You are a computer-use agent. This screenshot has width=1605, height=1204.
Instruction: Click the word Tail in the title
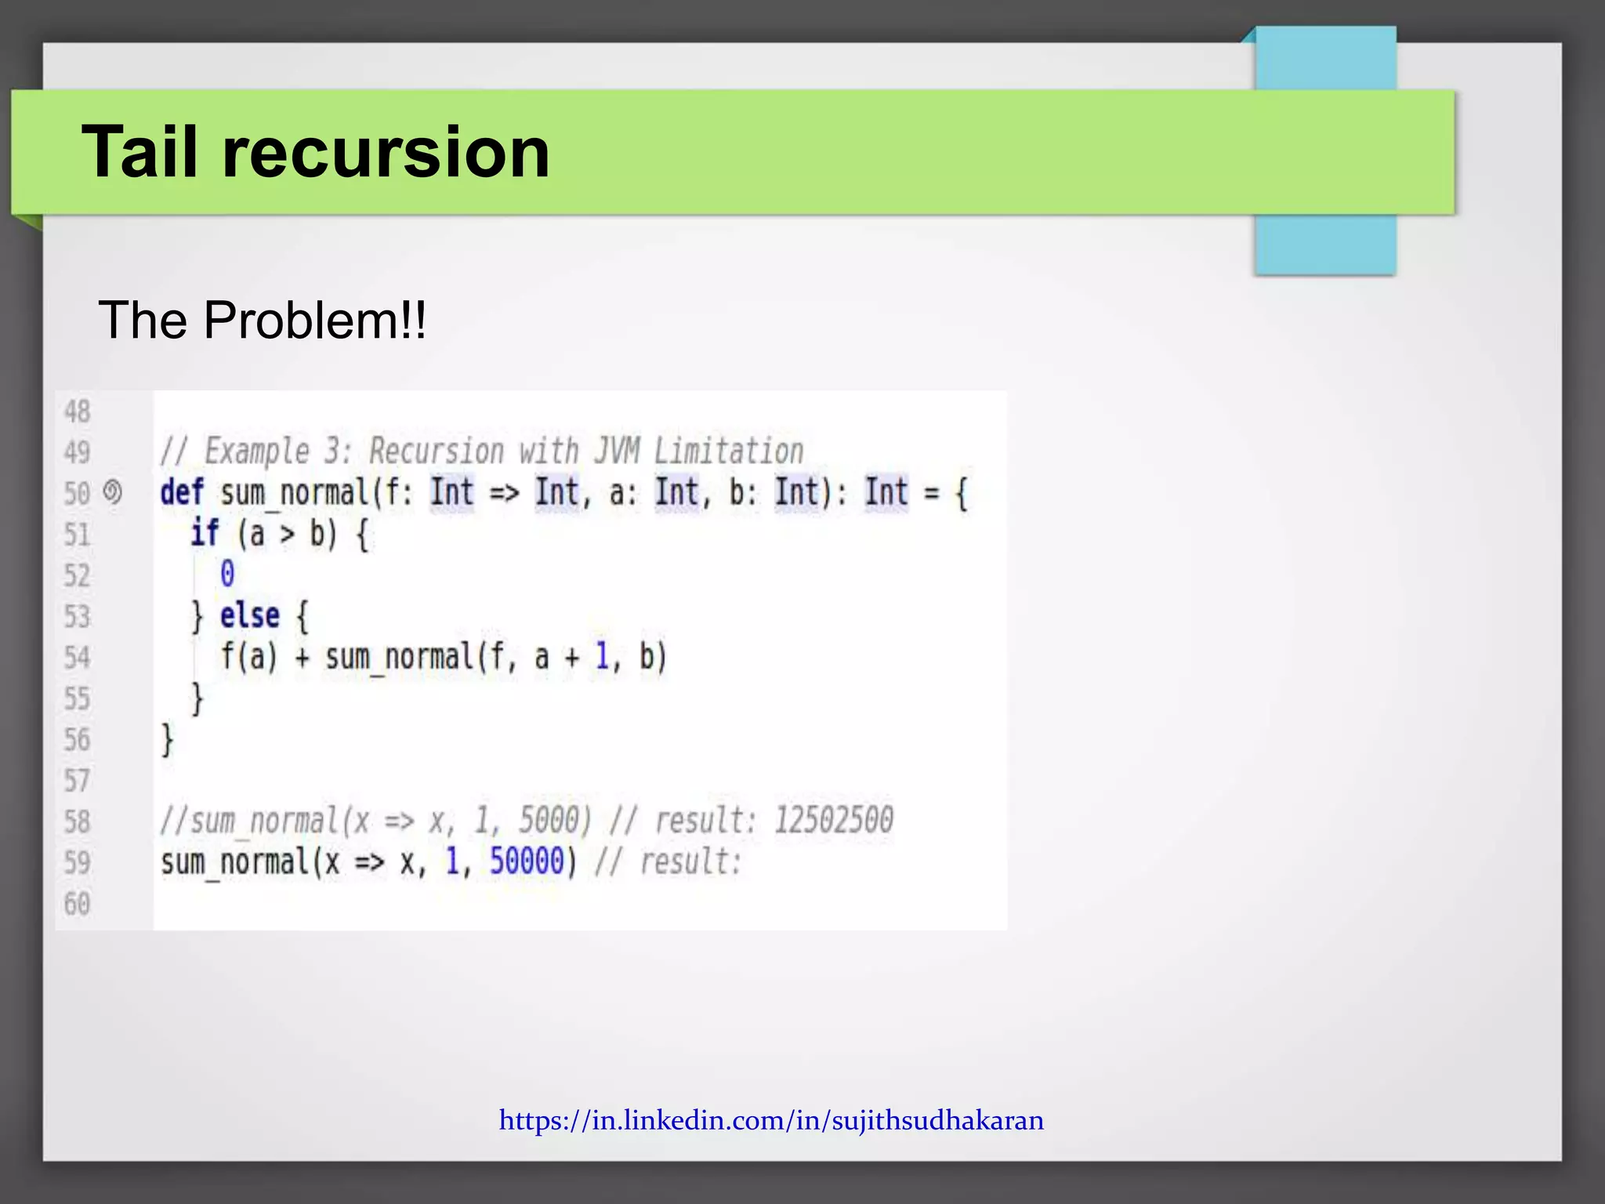pos(139,152)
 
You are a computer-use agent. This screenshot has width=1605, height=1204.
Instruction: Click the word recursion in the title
pos(386,152)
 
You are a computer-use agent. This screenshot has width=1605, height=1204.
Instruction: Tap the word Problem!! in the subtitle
pos(315,321)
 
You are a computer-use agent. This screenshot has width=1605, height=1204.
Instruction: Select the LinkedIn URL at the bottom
pos(771,1120)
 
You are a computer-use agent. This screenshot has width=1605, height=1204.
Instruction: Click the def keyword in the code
pos(182,493)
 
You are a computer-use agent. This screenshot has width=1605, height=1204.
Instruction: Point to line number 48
pos(77,412)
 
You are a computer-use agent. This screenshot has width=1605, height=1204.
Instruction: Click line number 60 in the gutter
pos(77,904)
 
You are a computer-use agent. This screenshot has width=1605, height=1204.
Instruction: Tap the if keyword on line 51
pos(205,534)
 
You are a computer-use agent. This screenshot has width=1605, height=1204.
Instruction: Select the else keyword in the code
pos(249,616)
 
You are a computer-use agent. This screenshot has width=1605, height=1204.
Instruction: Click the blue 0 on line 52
pos(227,575)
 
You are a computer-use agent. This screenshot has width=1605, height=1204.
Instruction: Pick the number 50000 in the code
pos(527,862)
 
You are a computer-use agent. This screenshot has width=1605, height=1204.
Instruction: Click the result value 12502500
pos(833,821)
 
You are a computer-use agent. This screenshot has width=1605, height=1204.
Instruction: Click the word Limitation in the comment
pos(729,451)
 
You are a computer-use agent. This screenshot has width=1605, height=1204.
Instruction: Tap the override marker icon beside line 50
pos(113,492)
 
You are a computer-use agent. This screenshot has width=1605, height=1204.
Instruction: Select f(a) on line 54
pos(249,657)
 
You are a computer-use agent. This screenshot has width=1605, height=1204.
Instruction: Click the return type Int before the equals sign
pos(886,493)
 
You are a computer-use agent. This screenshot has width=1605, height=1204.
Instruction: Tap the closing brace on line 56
pos(167,739)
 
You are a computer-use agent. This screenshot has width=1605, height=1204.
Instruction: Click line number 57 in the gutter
pos(77,781)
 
